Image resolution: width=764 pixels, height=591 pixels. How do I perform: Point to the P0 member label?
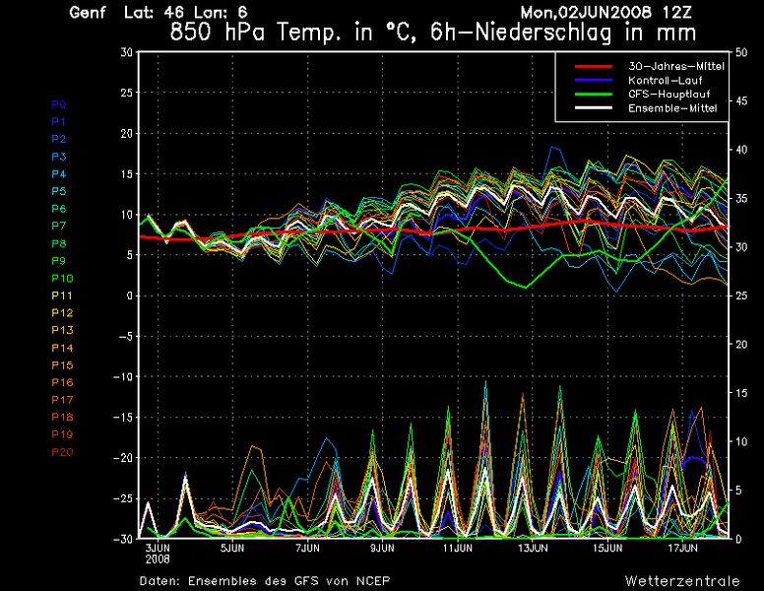58,103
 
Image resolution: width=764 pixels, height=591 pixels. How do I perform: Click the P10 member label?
61,278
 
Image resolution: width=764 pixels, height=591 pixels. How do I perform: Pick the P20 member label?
61,451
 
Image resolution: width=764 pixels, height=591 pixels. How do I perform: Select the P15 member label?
61,364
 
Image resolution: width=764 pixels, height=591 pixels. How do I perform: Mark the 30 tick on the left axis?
126,51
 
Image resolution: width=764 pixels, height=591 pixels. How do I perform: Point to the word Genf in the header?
89,13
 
